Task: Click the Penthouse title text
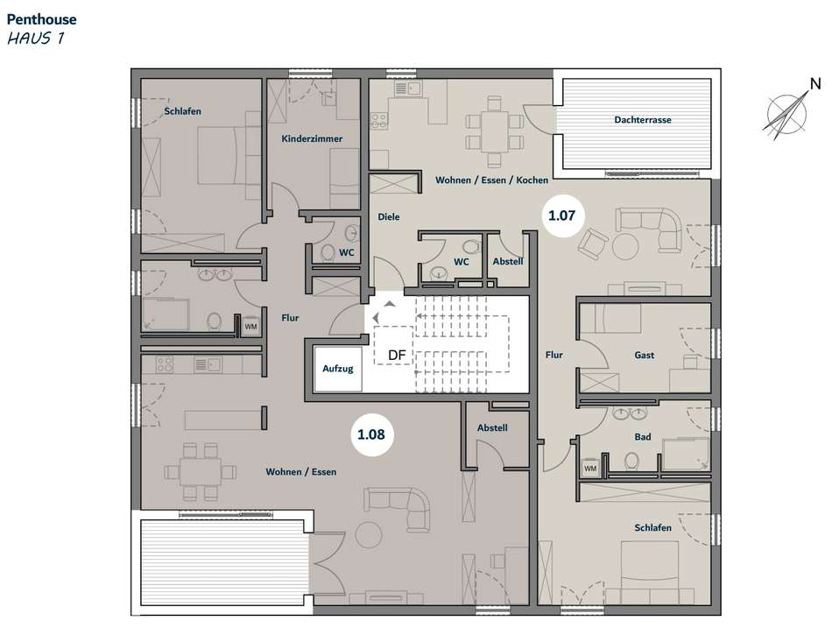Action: [41, 19]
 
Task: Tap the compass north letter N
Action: [815, 84]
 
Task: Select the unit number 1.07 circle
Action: [561, 215]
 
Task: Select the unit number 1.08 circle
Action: [371, 434]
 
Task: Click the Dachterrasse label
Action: [643, 120]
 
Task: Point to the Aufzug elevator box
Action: [338, 369]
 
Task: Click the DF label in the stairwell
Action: [397, 356]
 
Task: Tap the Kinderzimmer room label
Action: [312, 138]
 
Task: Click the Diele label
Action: [388, 216]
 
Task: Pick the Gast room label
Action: [645, 355]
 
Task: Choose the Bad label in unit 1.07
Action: [643, 437]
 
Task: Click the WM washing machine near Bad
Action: [590, 468]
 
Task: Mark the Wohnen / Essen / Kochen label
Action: [492, 180]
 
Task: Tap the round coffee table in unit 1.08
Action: [368, 535]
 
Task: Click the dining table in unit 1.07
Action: [494, 131]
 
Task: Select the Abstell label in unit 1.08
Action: [492, 427]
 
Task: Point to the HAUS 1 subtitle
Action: [36, 39]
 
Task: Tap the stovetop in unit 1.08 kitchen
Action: [165, 364]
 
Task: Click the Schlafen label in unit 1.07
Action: [652, 527]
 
